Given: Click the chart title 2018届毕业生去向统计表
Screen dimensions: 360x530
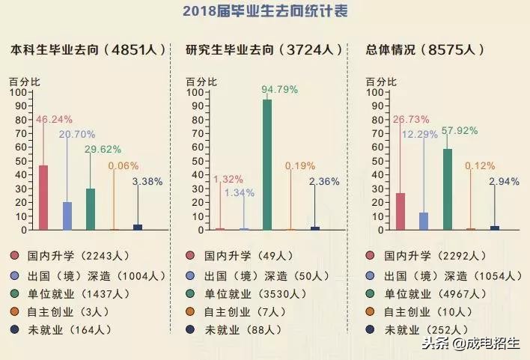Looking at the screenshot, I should click(x=264, y=12).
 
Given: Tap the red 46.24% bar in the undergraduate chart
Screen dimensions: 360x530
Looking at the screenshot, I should click(x=43, y=198).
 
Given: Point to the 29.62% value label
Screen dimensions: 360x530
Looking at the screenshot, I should click(x=102, y=150).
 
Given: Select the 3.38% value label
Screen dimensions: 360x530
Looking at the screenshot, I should click(x=147, y=181).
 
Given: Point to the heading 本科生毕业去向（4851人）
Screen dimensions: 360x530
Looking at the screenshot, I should click(x=88, y=50).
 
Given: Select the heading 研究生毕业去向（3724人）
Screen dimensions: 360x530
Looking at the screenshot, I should click(x=265, y=50).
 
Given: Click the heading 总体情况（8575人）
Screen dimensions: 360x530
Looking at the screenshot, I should click(x=424, y=50).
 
